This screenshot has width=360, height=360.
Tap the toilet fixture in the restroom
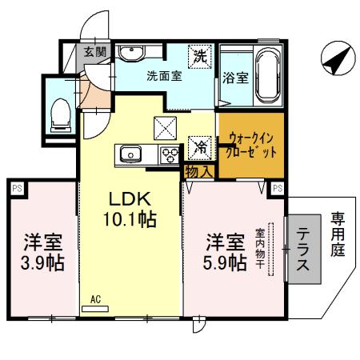(59, 116)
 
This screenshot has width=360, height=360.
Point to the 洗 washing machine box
(201, 57)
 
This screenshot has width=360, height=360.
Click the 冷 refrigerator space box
(200, 146)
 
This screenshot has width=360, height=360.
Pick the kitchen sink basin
(130, 153)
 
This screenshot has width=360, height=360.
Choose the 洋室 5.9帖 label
(224, 252)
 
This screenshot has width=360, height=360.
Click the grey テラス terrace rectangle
(306, 251)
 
